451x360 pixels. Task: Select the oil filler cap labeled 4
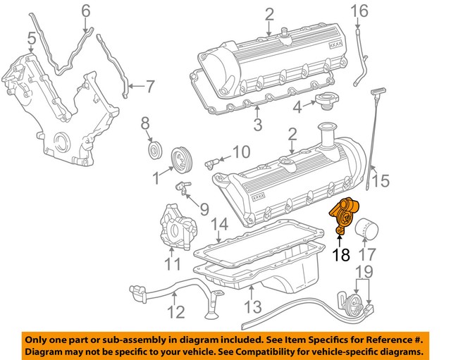(326, 101)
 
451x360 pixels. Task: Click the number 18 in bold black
(341, 254)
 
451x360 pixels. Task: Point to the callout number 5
(32, 39)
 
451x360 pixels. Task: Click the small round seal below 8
(155, 150)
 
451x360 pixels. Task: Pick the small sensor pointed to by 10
(212, 163)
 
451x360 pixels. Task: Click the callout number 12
(175, 311)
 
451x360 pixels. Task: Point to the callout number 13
(253, 306)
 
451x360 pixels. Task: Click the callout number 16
(359, 11)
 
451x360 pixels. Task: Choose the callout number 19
(365, 272)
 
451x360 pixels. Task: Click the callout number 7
(150, 86)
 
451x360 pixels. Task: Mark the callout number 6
(86, 11)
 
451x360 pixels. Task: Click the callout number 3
(258, 125)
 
